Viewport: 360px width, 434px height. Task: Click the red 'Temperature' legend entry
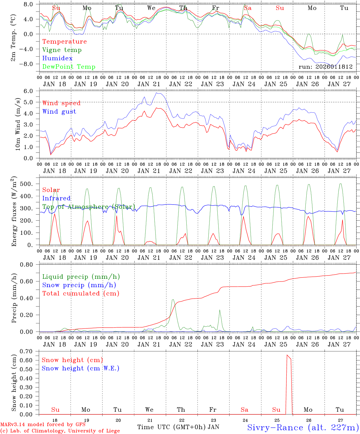click(x=64, y=42)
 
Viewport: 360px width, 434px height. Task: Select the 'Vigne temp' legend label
click(x=62, y=50)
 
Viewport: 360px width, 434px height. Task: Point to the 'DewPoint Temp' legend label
click(x=69, y=67)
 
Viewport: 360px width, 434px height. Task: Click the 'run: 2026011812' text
click(x=325, y=67)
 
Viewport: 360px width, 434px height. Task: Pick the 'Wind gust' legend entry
click(x=59, y=112)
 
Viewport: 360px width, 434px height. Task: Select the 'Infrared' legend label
click(x=56, y=198)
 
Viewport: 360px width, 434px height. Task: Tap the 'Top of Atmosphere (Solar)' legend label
click(x=88, y=207)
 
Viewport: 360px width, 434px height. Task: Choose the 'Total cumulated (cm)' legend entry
click(x=81, y=294)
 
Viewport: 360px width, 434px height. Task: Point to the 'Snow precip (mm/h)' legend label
click(x=79, y=285)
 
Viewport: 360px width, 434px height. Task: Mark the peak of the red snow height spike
click(x=287, y=355)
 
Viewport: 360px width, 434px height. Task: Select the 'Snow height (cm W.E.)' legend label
click(x=80, y=368)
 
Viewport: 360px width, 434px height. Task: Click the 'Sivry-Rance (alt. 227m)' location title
click(x=303, y=427)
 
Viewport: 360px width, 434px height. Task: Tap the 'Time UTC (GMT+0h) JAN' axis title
click(x=178, y=427)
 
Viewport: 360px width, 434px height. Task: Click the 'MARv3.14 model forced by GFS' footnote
click(x=43, y=425)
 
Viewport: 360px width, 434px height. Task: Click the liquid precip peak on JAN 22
click(x=173, y=300)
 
